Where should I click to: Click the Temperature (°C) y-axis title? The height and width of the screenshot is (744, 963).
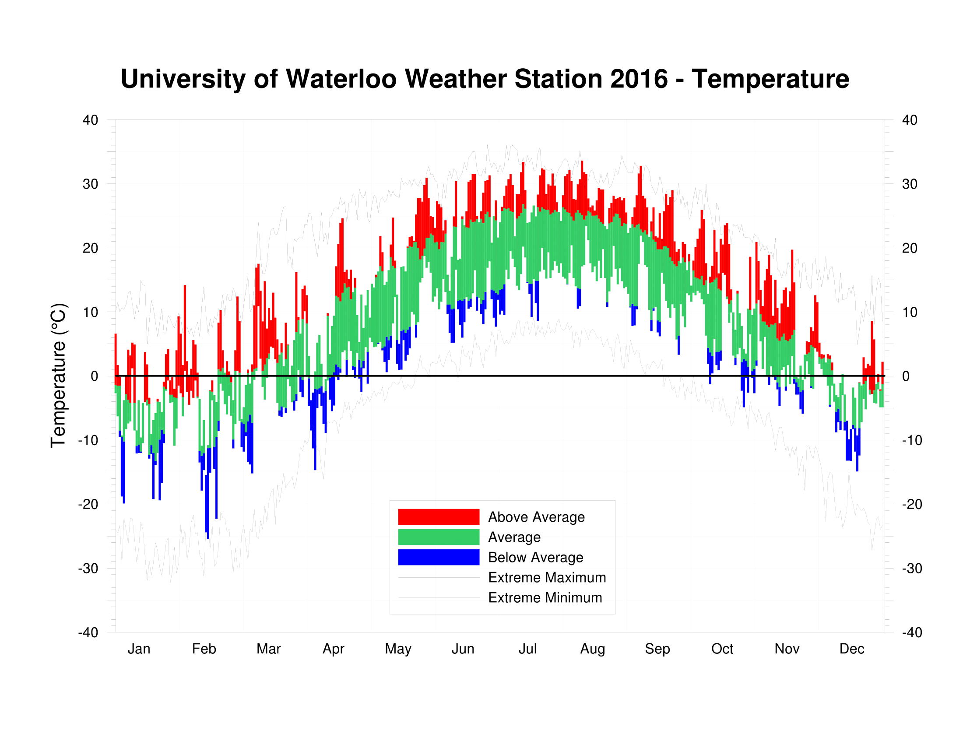click(x=58, y=376)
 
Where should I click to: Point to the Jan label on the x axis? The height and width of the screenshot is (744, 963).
click(x=139, y=649)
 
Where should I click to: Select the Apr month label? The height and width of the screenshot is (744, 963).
click(x=334, y=649)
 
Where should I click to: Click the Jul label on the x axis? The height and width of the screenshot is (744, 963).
click(x=527, y=649)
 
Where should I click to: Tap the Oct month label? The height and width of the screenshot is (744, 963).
click(x=722, y=649)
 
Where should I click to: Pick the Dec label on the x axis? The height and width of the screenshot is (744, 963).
click(x=851, y=649)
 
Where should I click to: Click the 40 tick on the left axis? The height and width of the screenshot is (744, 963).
click(x=91, y=120)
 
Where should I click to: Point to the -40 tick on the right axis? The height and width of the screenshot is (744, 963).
click(x=911, y=632)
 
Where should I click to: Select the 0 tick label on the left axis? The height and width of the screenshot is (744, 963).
click(x=95, y=376)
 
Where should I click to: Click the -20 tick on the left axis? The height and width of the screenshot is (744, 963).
click(x=88, y=504)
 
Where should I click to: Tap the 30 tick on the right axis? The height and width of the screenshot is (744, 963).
click(x=909, y=184)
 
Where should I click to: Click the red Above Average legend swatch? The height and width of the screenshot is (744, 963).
click(x=438, y=516)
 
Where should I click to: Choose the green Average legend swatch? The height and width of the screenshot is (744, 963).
click(x=438, y=537)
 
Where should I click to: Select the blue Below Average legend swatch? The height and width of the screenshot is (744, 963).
click(x=438, y=557)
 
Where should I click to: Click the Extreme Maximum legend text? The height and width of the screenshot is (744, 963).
click(x=547, y=577)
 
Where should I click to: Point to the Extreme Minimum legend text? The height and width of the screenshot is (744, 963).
click(x=545, y=598)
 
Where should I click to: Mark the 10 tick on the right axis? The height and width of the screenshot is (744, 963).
click(x=909, y=312)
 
